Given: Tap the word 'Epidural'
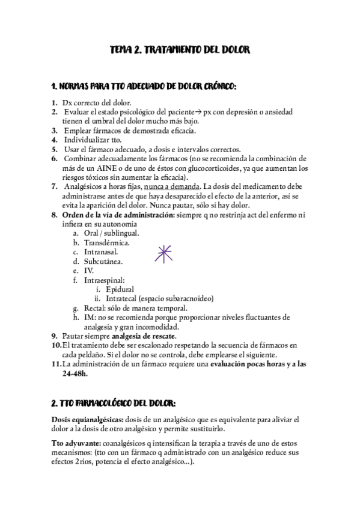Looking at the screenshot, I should [x=120, y=289].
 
